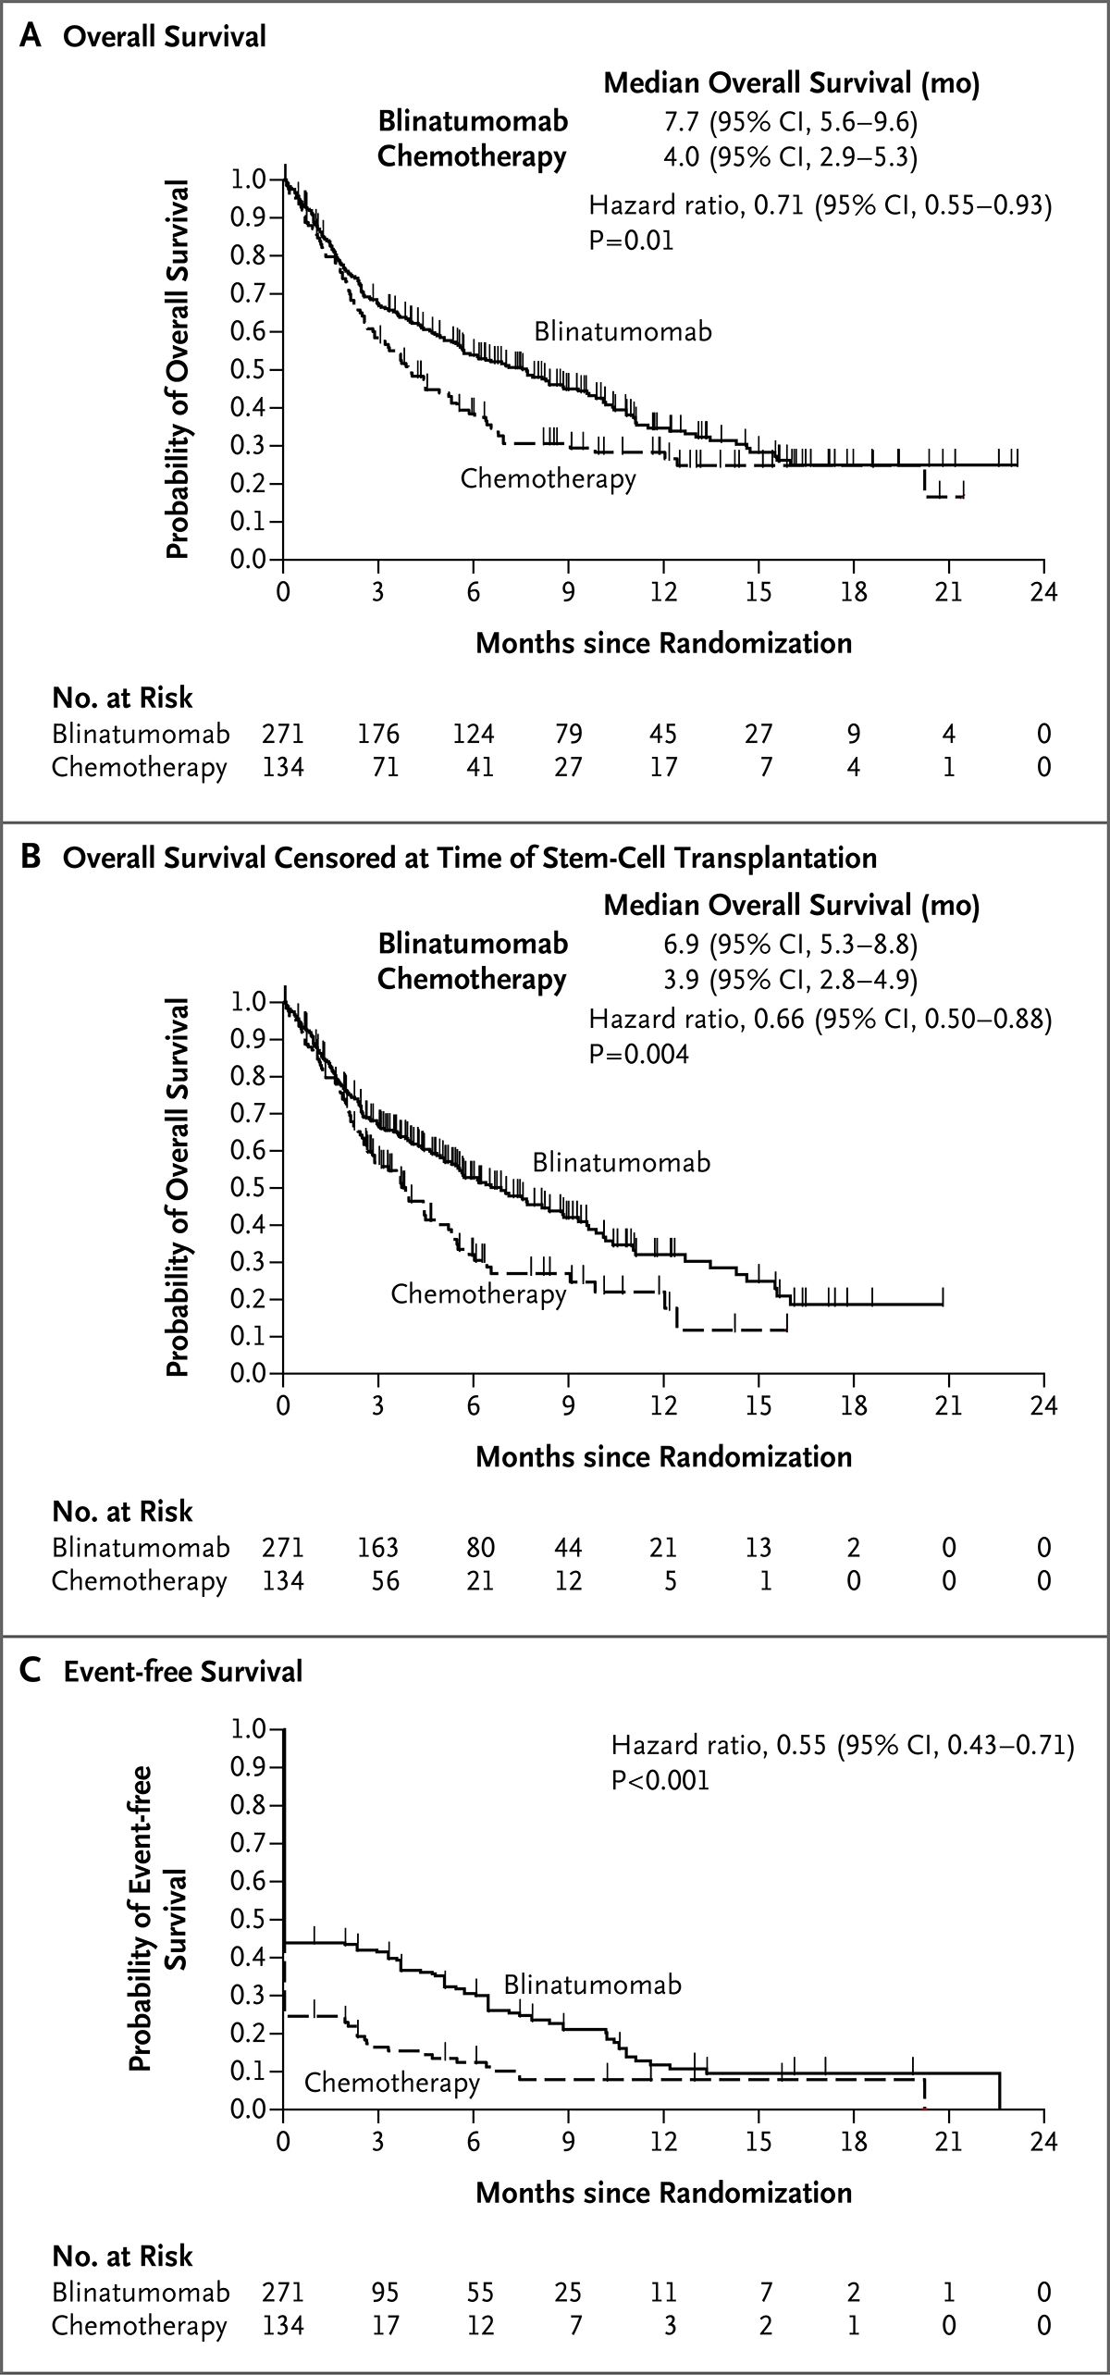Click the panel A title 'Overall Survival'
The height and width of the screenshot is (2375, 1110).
point(165,37)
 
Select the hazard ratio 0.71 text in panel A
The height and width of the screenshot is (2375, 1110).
point(820,205)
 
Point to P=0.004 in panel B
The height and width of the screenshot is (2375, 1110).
point(639,1054)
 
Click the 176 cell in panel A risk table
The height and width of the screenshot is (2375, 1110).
point(379,734)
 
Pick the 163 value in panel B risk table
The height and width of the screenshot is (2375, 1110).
point(379,1547)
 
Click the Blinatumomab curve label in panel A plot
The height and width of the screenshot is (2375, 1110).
point(623,331)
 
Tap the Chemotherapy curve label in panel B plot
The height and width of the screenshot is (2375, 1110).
point(478,1293)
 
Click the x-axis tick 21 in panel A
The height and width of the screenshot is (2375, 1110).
point(949,591)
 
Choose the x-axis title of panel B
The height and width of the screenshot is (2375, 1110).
point(664,1456)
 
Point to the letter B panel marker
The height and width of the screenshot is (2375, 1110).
point(31,857)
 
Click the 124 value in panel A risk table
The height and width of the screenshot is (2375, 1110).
point(474,734)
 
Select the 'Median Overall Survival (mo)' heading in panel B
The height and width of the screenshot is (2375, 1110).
point(792,905)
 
